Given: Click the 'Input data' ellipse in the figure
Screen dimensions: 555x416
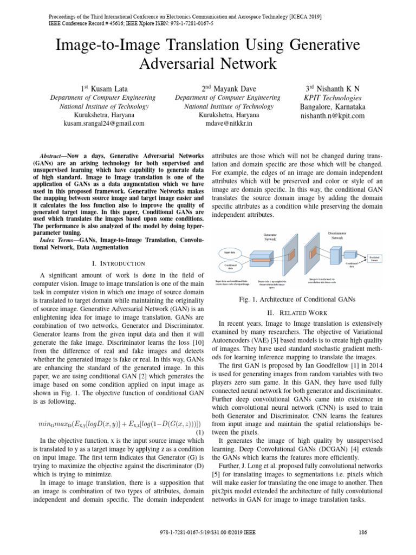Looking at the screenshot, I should click(x=229, y=253).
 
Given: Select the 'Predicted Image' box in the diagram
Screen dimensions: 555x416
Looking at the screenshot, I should click(x=374, y=258).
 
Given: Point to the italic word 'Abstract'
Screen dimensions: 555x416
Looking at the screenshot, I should click(x=60, y=154).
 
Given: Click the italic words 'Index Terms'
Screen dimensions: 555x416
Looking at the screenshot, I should click(x=58, y=239).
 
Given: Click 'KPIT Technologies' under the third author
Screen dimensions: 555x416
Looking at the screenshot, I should click(x=333, y=98).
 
